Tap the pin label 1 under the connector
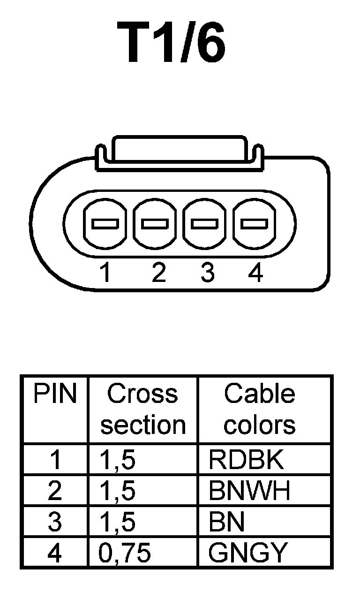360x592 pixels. pos(106,273)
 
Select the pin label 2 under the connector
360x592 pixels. pos(159,273)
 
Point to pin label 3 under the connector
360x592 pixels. pos(207,273)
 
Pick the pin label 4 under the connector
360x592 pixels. pos(255,273)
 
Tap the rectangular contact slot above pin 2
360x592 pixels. pos(155,224)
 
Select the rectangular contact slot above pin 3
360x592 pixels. pos(204,224)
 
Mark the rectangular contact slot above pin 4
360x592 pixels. pos(254,224)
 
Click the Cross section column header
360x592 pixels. pos(142,410)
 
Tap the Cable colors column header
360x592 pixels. pos(259,410)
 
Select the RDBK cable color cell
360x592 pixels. pos(246,460)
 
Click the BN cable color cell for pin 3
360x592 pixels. pos(226,522)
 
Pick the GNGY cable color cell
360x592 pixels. pos(247,553)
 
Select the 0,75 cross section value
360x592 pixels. pos(125,553)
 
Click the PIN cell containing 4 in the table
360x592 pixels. pos(54,553)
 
